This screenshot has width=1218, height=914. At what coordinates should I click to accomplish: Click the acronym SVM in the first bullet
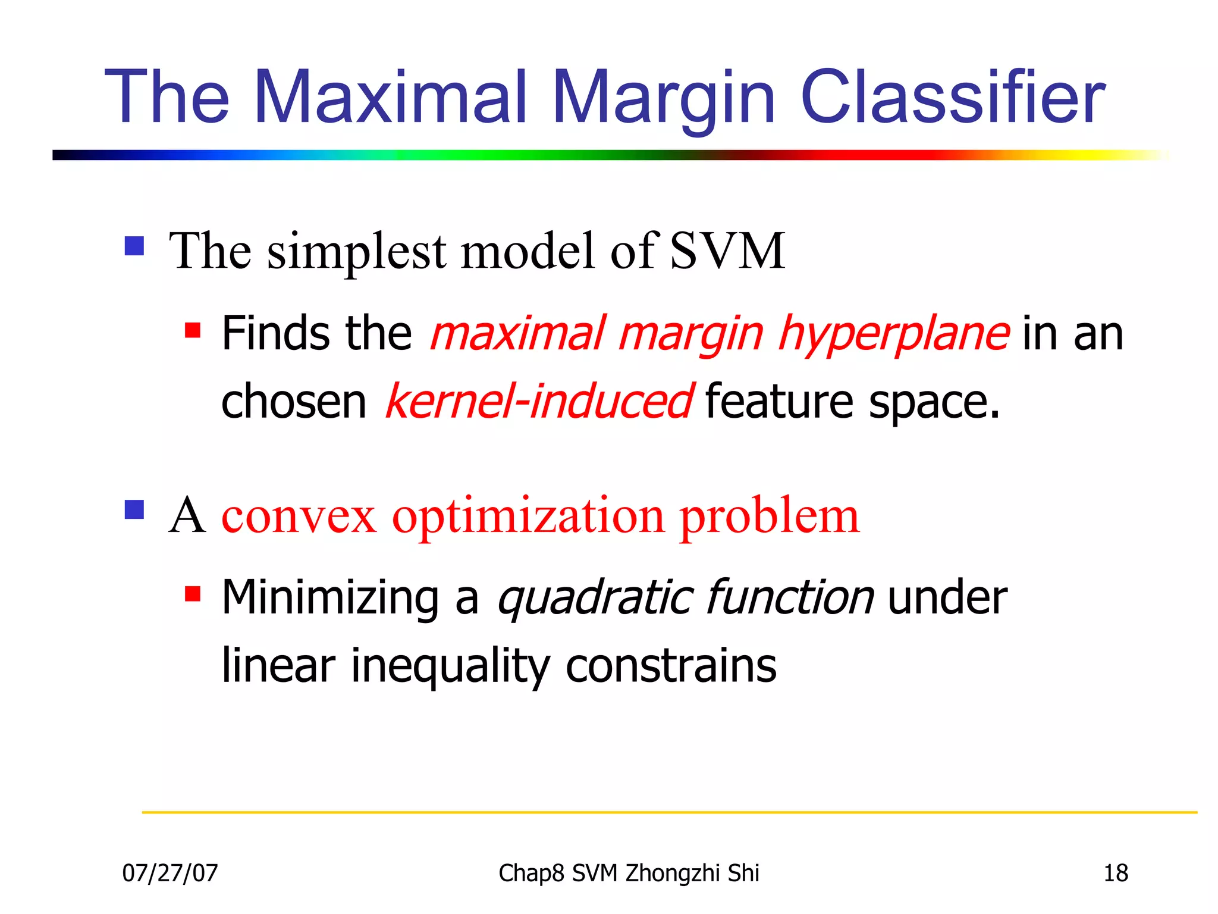click(x=727, y=251)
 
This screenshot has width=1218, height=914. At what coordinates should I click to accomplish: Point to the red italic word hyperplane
click(x=893, y=335)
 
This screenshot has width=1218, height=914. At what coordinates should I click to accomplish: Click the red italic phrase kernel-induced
click(x=538, y=402)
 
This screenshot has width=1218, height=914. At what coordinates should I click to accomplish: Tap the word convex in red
click(x=299, y=516)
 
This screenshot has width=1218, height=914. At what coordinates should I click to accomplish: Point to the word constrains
click(x=671, y=665)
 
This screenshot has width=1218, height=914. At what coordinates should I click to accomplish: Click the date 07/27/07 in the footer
click(x=170, y=873)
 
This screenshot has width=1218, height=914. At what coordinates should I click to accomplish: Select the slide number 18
click(x=1116, y=873)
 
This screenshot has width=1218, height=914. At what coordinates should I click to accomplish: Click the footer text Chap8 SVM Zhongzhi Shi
click(x=629, y=873)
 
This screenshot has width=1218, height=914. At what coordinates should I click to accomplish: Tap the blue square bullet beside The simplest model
click(x=134, y=246)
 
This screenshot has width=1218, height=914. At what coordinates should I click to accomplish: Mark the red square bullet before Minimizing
click(x=192, y=594)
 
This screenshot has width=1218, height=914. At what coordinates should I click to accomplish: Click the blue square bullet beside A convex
click(x=134, y=509)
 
